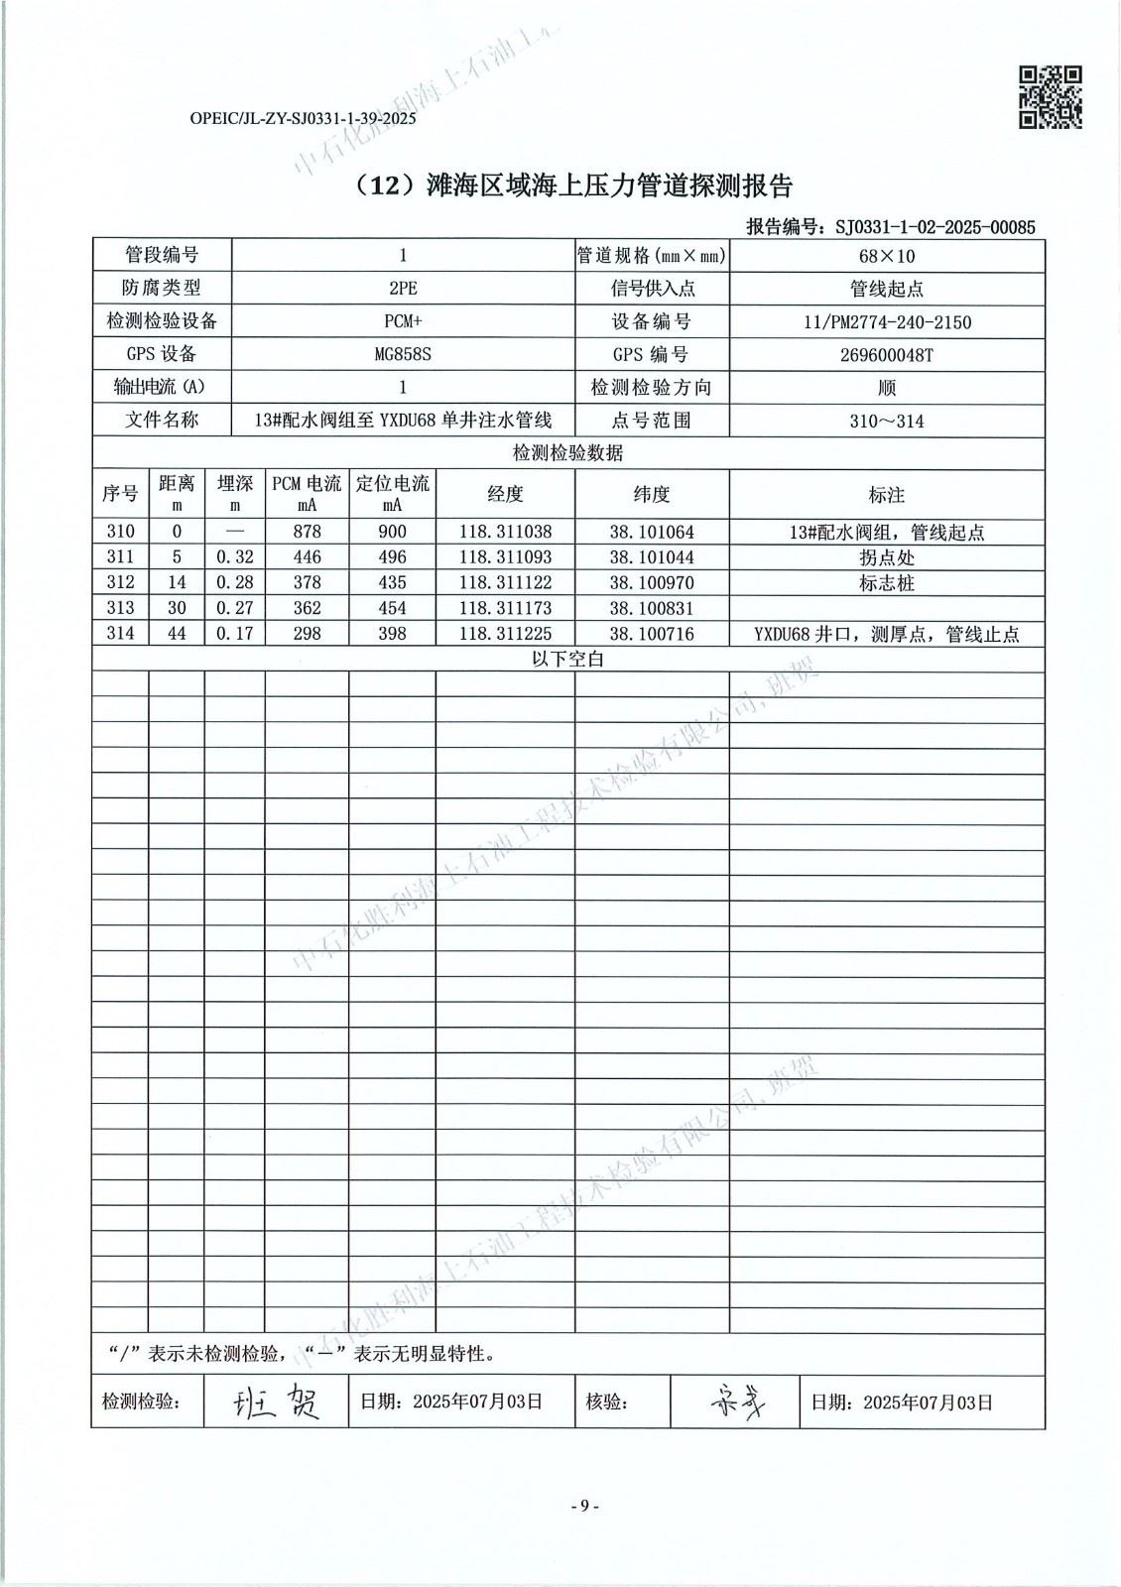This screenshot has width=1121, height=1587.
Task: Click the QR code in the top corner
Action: pos(1051,97)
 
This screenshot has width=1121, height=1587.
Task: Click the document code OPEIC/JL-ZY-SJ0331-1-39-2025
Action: pos(302,118)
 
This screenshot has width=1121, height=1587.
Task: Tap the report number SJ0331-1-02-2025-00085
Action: pos(934,227)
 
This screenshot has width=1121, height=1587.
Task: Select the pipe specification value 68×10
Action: pos(887,256)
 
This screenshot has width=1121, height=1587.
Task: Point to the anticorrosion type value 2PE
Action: pos(402,289)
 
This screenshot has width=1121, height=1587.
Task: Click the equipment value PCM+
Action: pos(402,321)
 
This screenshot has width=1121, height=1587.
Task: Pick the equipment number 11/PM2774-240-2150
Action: pos(887,321)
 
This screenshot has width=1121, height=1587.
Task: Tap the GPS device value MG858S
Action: pos(402,354)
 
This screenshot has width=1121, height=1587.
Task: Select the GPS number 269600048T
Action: pos(887,354)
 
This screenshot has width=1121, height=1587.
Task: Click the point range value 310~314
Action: pos(887,421)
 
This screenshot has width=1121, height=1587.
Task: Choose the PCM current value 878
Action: pos(307,532)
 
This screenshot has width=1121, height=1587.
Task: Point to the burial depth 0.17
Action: pos(234,633)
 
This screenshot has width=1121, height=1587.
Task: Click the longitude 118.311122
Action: pos(505,582)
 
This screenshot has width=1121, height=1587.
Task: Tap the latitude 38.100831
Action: pos(652,608)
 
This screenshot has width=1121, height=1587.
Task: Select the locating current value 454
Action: pos(392,608)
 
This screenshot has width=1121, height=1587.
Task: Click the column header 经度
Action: pos(505,494)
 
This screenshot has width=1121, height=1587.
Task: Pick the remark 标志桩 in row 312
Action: pos(887,582)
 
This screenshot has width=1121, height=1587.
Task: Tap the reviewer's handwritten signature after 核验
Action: pos(735,1401)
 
